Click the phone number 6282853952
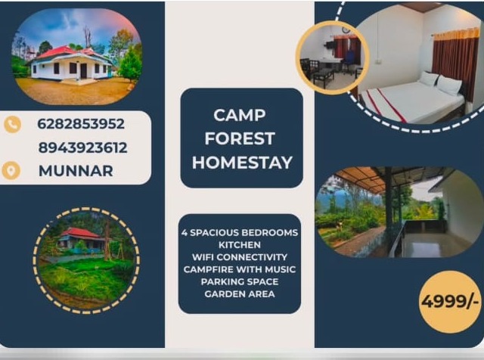tap(81, 124)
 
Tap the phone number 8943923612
tap(82, 147)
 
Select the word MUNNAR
tap(76, 171)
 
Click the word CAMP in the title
tap(240, 116)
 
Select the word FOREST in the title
tap(240, 139)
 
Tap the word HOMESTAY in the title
tap(241, 163)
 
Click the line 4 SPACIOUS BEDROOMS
tap(240, 232)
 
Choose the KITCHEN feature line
tap(240, 245)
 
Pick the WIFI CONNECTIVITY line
tap(240, 257)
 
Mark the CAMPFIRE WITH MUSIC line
tap(240, 269)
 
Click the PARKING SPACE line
tap(240, 281)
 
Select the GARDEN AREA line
tap(240, 293)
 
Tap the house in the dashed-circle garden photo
tap(82, 240)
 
